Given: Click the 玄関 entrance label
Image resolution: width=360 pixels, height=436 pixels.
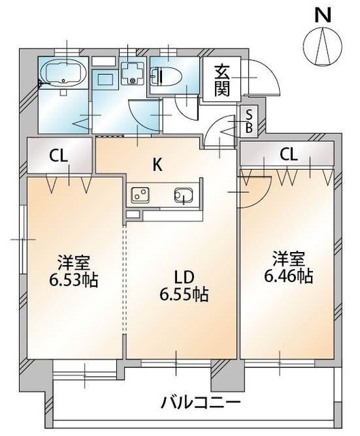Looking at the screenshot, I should pos(223,80).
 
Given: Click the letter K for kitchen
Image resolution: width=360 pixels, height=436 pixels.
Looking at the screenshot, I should pos(157,164).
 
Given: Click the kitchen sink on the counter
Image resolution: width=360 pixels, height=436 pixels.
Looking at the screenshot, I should pos(183,195).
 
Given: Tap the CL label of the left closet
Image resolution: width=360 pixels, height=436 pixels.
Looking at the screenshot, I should pos(58,155).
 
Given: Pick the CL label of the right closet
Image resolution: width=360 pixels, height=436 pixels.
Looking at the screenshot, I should pos(289,155).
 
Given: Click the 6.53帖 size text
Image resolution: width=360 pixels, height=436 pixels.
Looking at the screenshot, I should pos(72,279).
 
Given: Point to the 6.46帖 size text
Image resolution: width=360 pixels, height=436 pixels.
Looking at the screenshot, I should pos(289,277).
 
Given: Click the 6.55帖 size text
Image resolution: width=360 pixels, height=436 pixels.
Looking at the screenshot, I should pos(184,296).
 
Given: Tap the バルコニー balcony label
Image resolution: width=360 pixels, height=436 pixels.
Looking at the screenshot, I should pos(201,402).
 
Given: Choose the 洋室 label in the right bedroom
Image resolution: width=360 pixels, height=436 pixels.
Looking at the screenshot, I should pos(289,260).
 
